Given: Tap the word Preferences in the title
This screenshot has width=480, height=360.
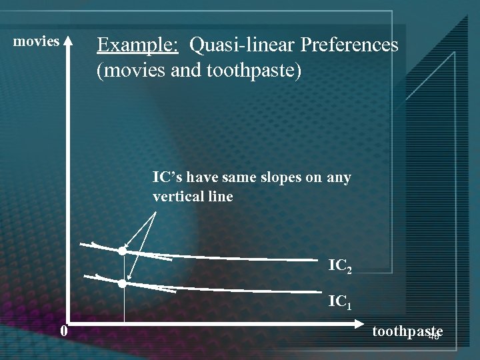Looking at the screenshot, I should [x=349, y=45].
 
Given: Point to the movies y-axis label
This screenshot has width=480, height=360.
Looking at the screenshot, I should [x=37, y=41].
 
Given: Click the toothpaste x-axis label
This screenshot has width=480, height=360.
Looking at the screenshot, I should [x=407, y=331].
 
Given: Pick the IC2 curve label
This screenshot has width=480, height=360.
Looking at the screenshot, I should [x=345, y=266].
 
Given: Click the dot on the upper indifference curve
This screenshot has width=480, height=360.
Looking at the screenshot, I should [x=122, y=251].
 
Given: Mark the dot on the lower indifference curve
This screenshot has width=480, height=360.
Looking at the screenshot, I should [x=122, y=283].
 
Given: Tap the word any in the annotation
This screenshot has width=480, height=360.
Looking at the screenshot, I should [x=339, y=178].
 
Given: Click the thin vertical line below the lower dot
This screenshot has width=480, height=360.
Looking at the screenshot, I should [x=124, y=307].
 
